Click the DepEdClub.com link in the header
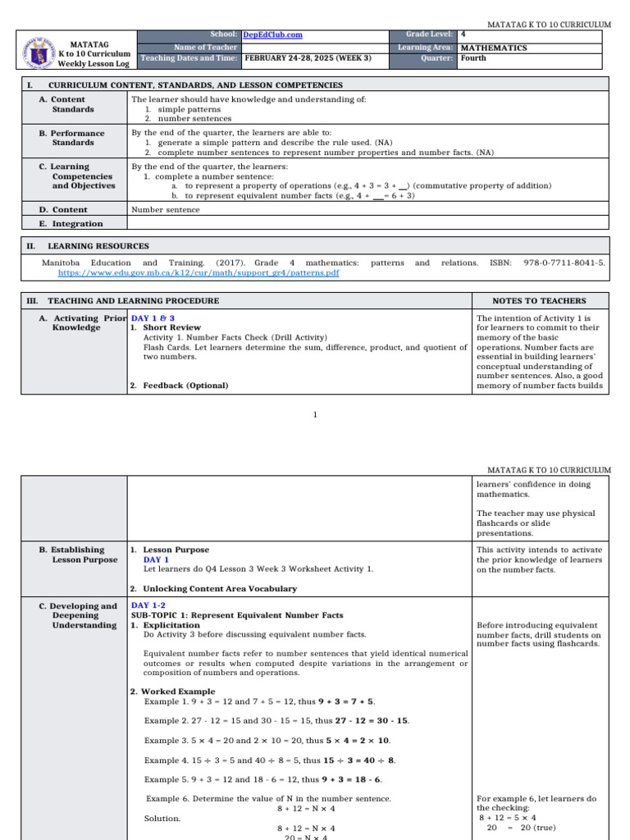coord(273,34)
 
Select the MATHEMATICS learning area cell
coord(494,48)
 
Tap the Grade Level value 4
coord(463,34)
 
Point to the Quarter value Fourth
coord(473,58)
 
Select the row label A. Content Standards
coord(72,104)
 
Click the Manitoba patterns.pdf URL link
coord(199,272)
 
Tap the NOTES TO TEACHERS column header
coord(539,300)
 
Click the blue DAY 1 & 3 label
coord(153,317)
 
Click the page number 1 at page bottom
coord(315,415)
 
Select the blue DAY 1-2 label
coord(148,605)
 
